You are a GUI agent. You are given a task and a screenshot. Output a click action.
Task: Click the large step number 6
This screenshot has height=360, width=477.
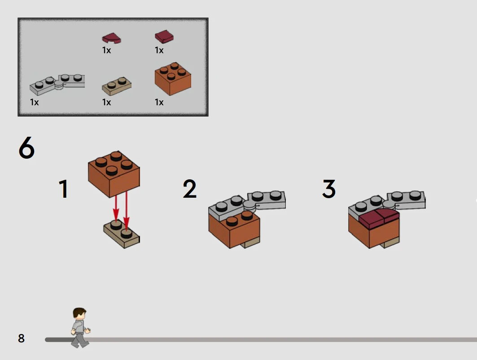click(x=26, y=147)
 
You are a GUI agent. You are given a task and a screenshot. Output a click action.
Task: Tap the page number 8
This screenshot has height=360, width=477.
click(x=21, y=338)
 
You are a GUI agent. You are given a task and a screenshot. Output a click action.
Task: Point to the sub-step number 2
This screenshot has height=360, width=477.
click(x=189, y=188)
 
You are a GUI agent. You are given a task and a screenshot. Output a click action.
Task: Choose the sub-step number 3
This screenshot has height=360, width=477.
click(x=329, y=188)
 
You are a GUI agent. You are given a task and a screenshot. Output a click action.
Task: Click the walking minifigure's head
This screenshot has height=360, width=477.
click(x=80, y=313)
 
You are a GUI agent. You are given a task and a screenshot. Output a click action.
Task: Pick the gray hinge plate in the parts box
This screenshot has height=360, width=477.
click(x=57, y=84)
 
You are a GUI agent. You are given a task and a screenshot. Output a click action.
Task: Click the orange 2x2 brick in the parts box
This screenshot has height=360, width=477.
click(x=173, y=79)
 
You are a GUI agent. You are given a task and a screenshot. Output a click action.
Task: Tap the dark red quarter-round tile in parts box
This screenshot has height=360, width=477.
click(x=111, y=38)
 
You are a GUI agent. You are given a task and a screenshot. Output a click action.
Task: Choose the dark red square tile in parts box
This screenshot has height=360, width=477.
click(x=164, y=36)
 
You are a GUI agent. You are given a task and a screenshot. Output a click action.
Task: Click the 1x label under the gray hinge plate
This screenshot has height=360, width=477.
click(x=35, y=102)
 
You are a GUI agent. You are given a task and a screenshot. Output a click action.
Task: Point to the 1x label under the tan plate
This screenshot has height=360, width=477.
click(x=106, y=102)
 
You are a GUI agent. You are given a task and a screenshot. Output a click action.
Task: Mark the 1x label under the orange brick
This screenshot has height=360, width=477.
click(x=159, y=102)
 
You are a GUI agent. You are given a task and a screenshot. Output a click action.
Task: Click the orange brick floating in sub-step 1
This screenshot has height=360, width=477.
click(x=114, y=174)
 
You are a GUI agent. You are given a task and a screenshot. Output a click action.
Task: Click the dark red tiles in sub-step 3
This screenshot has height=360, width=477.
click(x=379, y=218)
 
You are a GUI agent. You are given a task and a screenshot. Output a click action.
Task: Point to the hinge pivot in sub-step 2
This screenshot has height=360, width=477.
click(x=250, y=206)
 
